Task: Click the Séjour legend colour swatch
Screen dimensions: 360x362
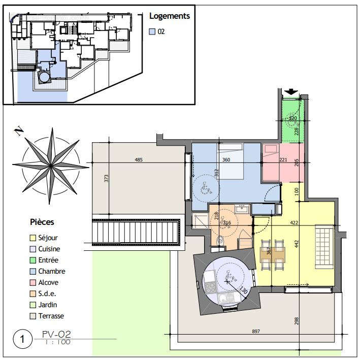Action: click(x=32, y=238)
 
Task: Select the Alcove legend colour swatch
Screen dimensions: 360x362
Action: click(x=32, y=282)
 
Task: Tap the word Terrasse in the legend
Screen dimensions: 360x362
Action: click(x=52, y=316)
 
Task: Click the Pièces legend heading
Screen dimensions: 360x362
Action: click(x=42, y=222)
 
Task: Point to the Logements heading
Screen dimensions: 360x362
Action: click(x=170, y=16)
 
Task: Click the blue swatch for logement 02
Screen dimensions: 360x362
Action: click(x=152, y=31)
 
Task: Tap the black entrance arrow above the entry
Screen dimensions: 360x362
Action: click(x=290, y=92)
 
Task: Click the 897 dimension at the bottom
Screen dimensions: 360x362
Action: click(x=256, y=332)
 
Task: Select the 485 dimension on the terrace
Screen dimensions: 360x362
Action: click(x=139, y=160)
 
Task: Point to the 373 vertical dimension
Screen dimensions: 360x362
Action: click(x=107, y=179)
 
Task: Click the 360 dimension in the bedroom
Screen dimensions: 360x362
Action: click(x=227, y=160)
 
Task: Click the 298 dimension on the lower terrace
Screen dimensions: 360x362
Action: click(x=297, y=321)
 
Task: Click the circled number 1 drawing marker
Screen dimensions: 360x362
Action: click(x=21, y=339)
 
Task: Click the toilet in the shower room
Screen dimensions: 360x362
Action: click(x=220, y=240)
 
